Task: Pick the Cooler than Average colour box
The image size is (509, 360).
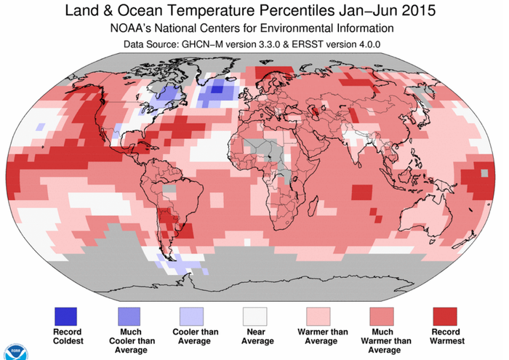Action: pos(192,316)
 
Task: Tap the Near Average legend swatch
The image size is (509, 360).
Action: pos(254,316)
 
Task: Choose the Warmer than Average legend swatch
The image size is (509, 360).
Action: pos(317,316)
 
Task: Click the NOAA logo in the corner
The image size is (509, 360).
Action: pos(11,350)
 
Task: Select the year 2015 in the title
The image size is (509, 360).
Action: pos(417,12)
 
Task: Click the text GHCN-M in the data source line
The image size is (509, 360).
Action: pos(206,45)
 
